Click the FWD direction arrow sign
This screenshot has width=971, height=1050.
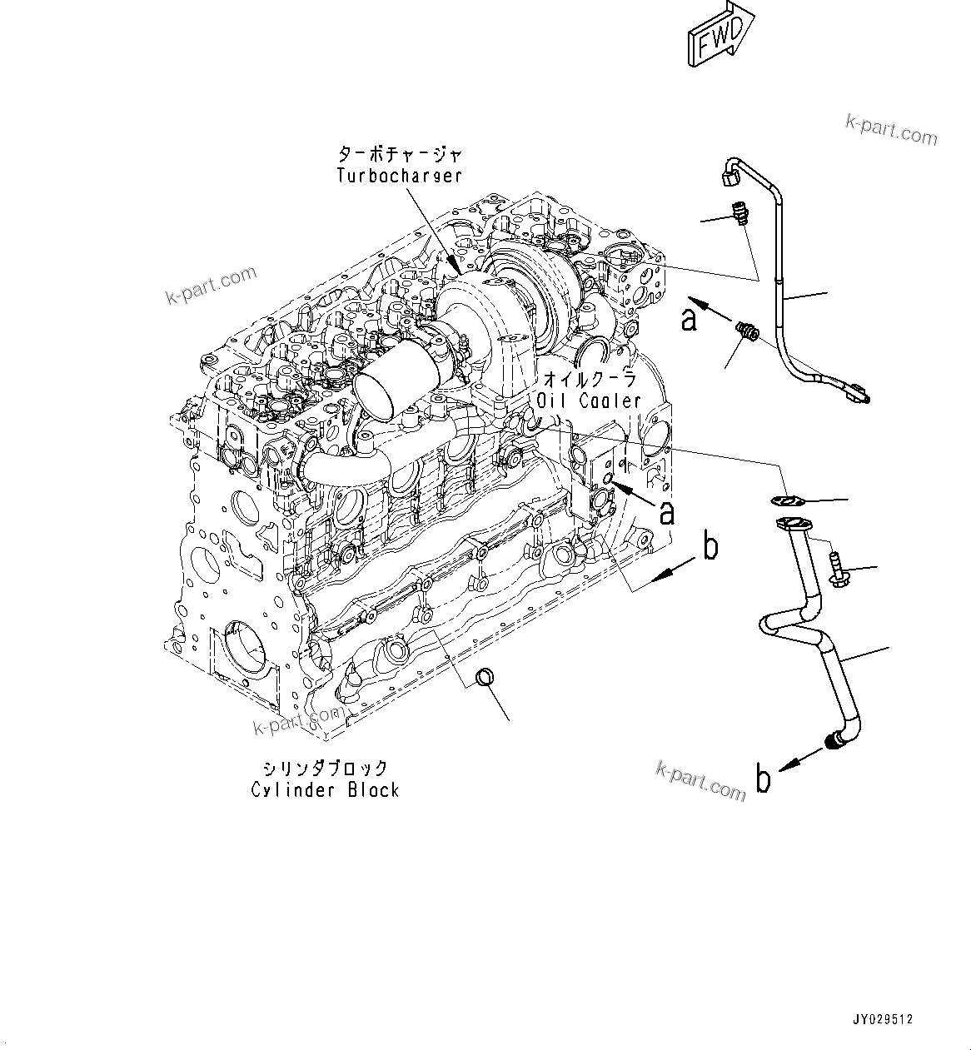719,34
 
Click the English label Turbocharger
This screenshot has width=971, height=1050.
399,176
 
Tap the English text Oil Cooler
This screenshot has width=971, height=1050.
589,401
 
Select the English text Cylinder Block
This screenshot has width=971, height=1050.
325,789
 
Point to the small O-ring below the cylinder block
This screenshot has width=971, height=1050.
484,679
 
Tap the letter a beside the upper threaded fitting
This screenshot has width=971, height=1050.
689,318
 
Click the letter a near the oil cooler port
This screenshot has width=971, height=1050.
666,512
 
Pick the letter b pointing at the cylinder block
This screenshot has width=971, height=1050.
710,547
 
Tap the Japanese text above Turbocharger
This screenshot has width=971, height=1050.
399,155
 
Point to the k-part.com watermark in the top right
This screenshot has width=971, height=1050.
891,130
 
